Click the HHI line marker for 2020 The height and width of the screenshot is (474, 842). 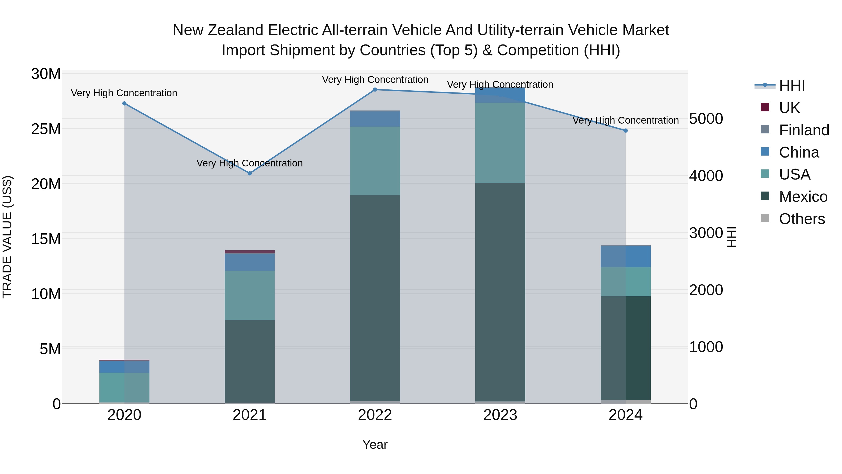coord(124,103)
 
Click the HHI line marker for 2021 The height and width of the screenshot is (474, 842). coord(250,173)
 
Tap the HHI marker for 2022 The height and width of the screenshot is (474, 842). coord(375,90)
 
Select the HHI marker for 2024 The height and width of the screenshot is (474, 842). coord(626,131)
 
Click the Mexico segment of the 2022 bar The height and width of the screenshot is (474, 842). coord(375,298)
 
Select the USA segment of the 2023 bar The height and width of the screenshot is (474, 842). coord(500,143)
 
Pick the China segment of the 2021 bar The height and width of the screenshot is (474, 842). coord(250,262)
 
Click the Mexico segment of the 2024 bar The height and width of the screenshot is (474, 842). coord(626,348)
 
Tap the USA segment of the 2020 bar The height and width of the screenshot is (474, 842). coord(124,387)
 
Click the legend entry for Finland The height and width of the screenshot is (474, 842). coord(804,130)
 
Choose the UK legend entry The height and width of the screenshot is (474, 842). coord(789,108)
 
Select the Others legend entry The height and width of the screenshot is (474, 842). coord(802,219)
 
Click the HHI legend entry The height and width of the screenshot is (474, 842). coord(792,86)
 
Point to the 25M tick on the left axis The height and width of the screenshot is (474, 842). coord(46,129)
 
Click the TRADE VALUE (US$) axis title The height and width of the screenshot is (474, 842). coord(7,237)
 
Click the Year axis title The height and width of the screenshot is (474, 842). coord(375,445)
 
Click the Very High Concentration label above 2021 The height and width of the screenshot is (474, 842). coord(250,163)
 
